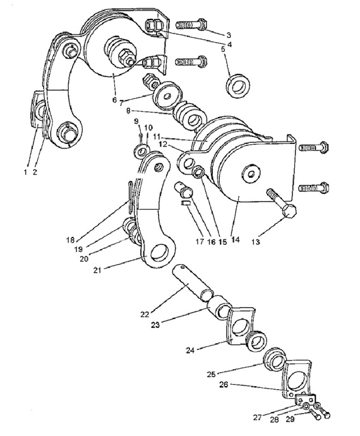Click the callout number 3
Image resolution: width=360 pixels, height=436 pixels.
coord(228,35)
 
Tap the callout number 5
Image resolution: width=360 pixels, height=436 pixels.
coord(223,49)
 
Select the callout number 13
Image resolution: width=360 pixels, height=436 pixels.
coord(256,242)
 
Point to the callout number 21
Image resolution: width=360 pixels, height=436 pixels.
coord(97,270)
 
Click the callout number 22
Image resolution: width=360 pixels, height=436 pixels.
coord(145,315)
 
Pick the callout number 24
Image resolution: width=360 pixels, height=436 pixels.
coord(191,350)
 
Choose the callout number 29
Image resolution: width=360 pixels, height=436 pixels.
coord(290,419)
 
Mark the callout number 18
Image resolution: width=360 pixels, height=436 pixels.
coord(71,240)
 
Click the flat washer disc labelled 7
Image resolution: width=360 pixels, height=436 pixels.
coord(167,95)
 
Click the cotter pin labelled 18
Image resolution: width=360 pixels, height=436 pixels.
coord(131,196)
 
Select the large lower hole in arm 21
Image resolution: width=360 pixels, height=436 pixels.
coord(159,253)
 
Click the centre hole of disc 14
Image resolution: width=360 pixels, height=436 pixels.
coord(251,174)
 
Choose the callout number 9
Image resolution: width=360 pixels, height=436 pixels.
coord(136,121)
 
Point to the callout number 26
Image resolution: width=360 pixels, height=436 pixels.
coord(224,385)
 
